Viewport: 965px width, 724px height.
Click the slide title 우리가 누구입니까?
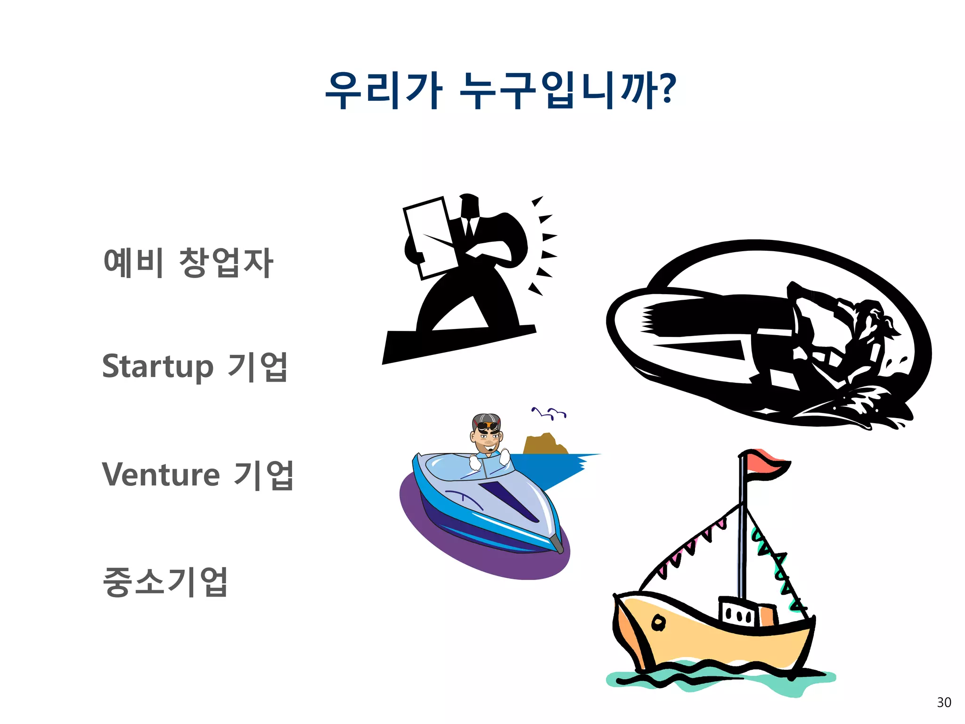[500, 90]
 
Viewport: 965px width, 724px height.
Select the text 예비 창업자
[188, 262]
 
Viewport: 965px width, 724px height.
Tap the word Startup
[158, 367]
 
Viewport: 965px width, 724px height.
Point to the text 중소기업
[165, 582]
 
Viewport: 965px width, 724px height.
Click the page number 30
[944, 703]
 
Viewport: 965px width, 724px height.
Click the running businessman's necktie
[469, 227]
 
